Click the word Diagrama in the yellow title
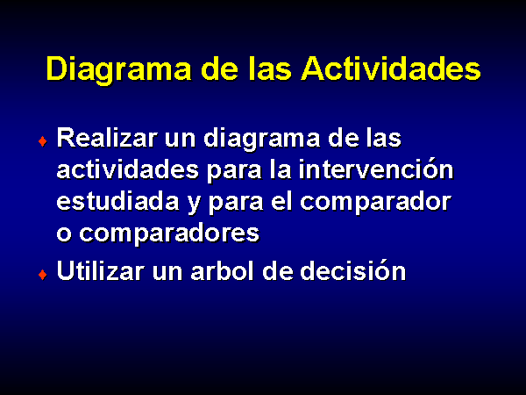[x=118, y=70]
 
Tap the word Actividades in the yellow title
[x=391, y=68]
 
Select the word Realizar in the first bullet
[x=107, y=138]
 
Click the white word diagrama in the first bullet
[x=261, y=140]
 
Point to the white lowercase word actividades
[x=128, y=169]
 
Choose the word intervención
[x=376, y=169]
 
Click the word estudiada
[x=117, y=201]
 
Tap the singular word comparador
[x=375, y=203]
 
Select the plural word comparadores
[x=169, y=234]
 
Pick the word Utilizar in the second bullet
[x=101, y=270]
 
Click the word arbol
[x=222, y=270]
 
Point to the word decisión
[x=352, y=269]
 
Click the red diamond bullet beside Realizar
[x=43, y=141]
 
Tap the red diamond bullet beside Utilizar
[x=43, y=275]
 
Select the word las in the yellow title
[x=270, y=68]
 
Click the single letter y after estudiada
[x=194, y=205]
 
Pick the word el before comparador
[x=281, y=201]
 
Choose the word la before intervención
[x=281, y=169]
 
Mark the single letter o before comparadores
[x=64, y=233]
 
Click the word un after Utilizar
[x=167, y=273]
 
